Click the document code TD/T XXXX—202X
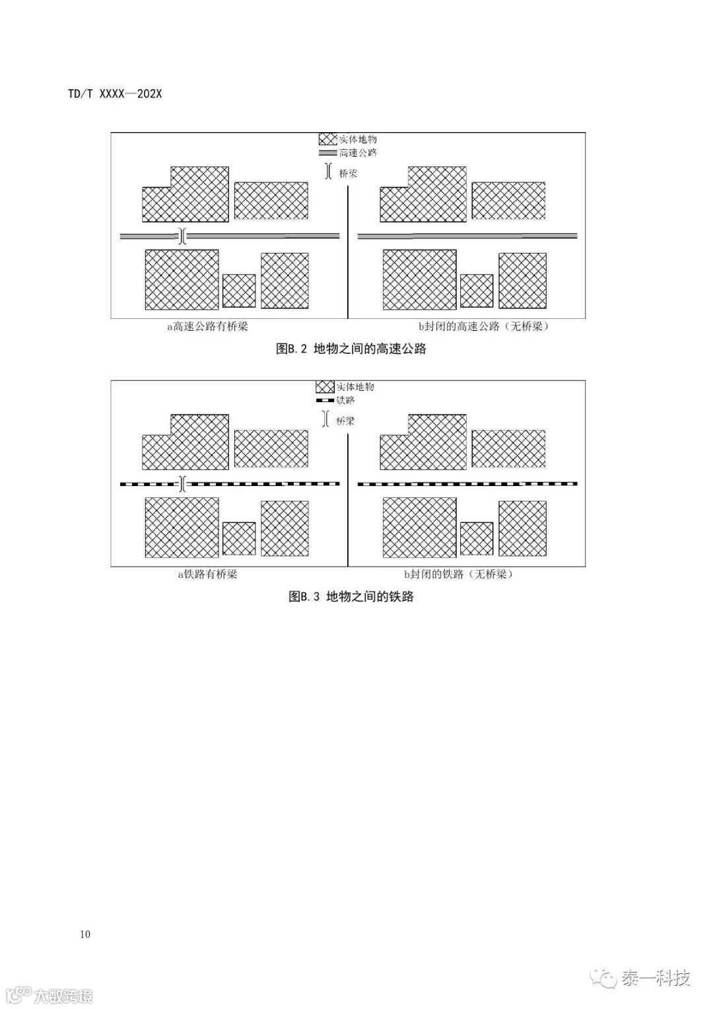click(x=115, y=94)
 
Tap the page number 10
click(x=85, y=934)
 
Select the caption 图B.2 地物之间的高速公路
click(x=351, y=349)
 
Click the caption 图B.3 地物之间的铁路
click(x=351, y=596)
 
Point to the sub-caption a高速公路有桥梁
click(x=207, y=326)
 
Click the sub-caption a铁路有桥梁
click(x=207, y=574)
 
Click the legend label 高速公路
click(x=358, y=153)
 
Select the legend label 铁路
click(x=345, y=400)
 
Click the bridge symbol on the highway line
click(x=183, y=236)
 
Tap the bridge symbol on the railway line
click(x=183, y=484)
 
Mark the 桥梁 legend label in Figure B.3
click(x=345, y=420)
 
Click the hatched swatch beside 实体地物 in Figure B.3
click(x=324, y=387)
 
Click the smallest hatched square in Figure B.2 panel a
click(x=239, y=291)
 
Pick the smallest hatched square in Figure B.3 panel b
click(x=476, y=538)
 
